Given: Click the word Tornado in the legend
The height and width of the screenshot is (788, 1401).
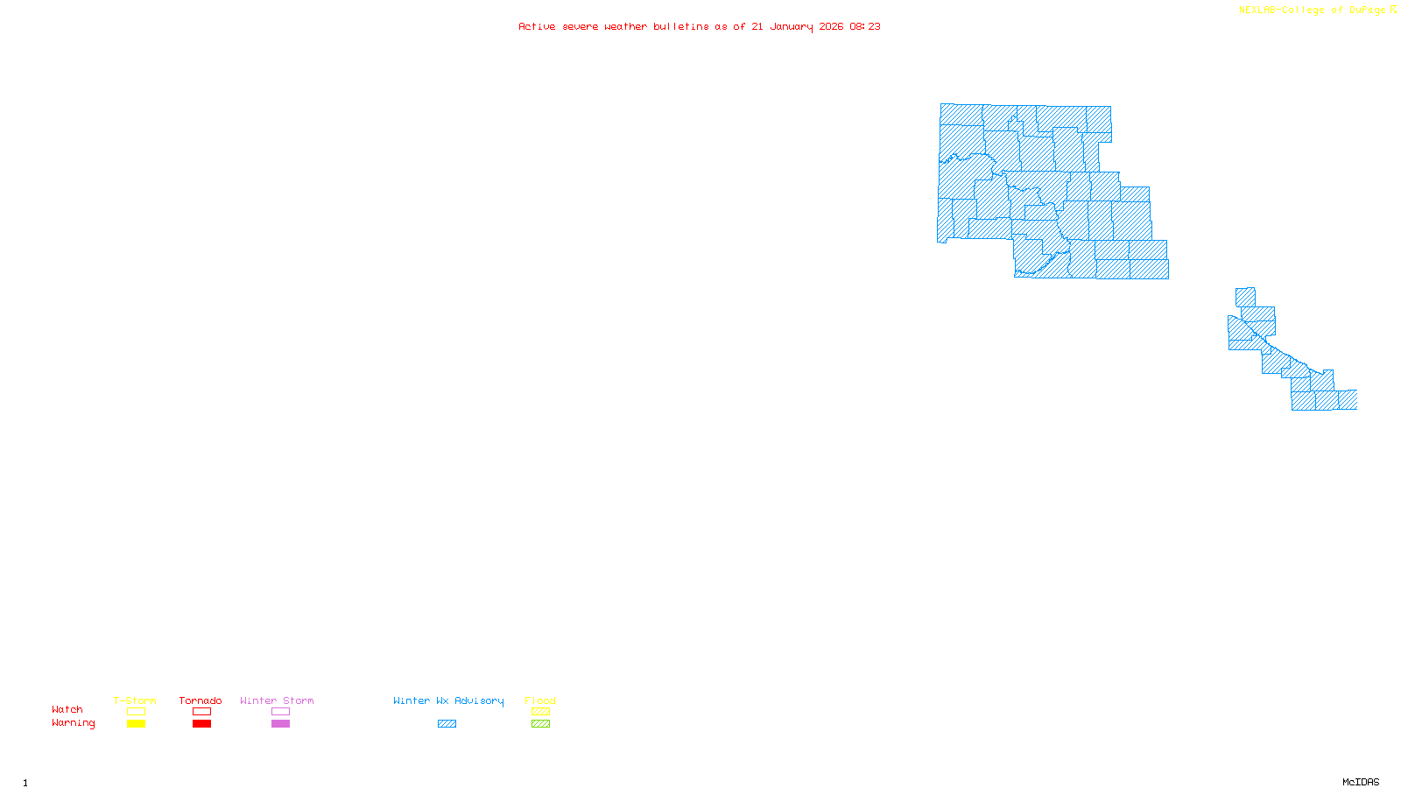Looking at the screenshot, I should click(x=201, y=700).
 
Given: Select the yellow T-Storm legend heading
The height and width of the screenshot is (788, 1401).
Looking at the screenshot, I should click(x=135, y=700).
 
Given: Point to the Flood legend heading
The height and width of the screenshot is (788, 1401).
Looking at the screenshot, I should click(x=540, y=700).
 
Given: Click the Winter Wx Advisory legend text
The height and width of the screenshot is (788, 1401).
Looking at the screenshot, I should click(x=448, y=700).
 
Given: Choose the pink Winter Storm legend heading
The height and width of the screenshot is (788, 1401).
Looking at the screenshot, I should click(x=277, y=700).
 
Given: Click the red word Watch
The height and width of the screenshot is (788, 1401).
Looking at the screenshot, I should click(x=67, y=709).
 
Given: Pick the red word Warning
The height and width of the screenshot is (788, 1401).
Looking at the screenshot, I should click(x=73, y=723).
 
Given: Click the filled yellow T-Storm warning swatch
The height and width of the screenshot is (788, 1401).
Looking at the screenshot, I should click(x=136, y=724).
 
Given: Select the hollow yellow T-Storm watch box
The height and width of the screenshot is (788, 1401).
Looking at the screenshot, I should click(x=136, y=712).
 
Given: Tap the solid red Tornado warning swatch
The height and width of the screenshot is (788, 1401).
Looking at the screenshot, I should click(x=201, y=724).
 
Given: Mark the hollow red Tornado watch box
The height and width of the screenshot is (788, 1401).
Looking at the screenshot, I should click(x=201, y=712).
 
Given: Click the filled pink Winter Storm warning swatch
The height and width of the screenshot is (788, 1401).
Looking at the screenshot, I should click(x=280, y=724).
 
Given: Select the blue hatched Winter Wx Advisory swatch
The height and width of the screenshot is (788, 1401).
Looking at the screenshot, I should click(x=447, y=724).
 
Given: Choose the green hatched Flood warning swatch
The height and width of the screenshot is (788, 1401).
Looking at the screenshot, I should click(x=540, y=724).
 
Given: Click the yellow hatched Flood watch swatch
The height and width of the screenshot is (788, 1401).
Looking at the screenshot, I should click(x=540, y=712).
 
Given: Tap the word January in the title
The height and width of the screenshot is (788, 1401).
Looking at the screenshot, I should click(x=791, y=26).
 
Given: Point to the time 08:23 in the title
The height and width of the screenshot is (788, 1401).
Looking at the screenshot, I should click(x=864, y=26).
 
